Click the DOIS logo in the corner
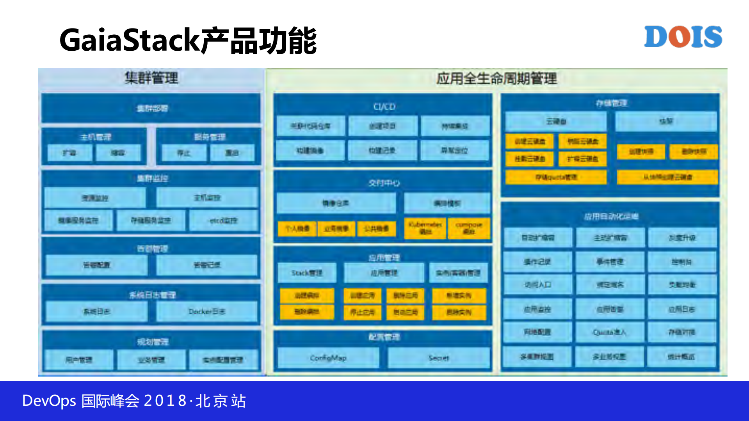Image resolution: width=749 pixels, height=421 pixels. click(683, 37)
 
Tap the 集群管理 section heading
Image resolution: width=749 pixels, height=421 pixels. click(151, 78)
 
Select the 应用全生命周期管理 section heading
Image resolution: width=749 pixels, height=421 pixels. click(496, 79)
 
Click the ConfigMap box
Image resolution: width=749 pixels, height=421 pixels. click(328, 358)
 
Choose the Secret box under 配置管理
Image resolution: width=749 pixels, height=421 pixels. click(438, 358)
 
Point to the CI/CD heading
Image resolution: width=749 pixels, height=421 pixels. click(384, 107)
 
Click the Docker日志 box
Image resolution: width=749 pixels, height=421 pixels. click(206, 311)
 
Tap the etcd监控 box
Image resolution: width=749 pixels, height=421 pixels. click(223, 220)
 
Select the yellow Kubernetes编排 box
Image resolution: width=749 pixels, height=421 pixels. click(425, 228)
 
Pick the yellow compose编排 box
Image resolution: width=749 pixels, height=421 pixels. click(469, 228)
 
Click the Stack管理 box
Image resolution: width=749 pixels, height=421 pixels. click(307, 273)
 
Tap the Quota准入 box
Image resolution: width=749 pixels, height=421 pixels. click(610, 332)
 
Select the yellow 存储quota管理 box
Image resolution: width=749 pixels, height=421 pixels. click(556, 177)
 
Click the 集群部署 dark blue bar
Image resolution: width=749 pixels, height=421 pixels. click(151, 108)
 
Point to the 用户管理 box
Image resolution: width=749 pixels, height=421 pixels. click(79, 360)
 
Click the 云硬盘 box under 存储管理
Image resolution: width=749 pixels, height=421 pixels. click(556, 121)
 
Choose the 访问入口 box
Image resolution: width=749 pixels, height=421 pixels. click(537, 285)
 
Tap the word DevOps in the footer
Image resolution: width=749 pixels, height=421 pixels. click(49, 401)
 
